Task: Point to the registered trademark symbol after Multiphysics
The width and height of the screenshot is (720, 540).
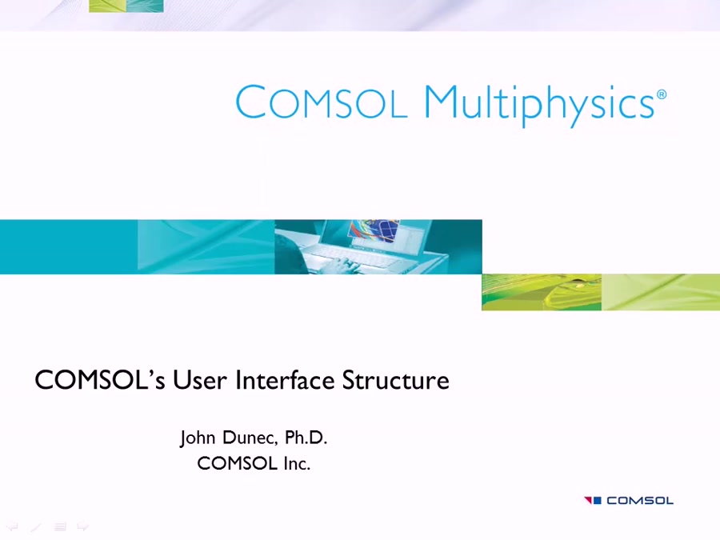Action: click(662, 94)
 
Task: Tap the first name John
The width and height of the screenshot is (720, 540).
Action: click(197, 438)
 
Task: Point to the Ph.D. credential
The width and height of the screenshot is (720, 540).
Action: click(306, 438)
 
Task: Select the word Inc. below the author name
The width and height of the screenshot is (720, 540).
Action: click(296, 463)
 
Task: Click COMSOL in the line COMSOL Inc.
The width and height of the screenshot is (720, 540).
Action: click(237, 463)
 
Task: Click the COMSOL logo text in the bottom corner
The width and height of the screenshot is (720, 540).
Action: click(639, 501)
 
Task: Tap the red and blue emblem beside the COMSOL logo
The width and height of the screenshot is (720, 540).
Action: click(593, 501)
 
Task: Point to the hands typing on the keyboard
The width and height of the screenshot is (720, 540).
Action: click(336, 263)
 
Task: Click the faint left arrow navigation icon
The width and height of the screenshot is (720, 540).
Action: click(12, 526)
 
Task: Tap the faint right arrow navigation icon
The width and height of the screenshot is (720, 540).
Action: click(82, 526)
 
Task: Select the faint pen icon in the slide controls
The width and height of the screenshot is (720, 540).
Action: click(35, 526)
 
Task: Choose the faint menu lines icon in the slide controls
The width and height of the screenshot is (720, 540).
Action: click(60, 526)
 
